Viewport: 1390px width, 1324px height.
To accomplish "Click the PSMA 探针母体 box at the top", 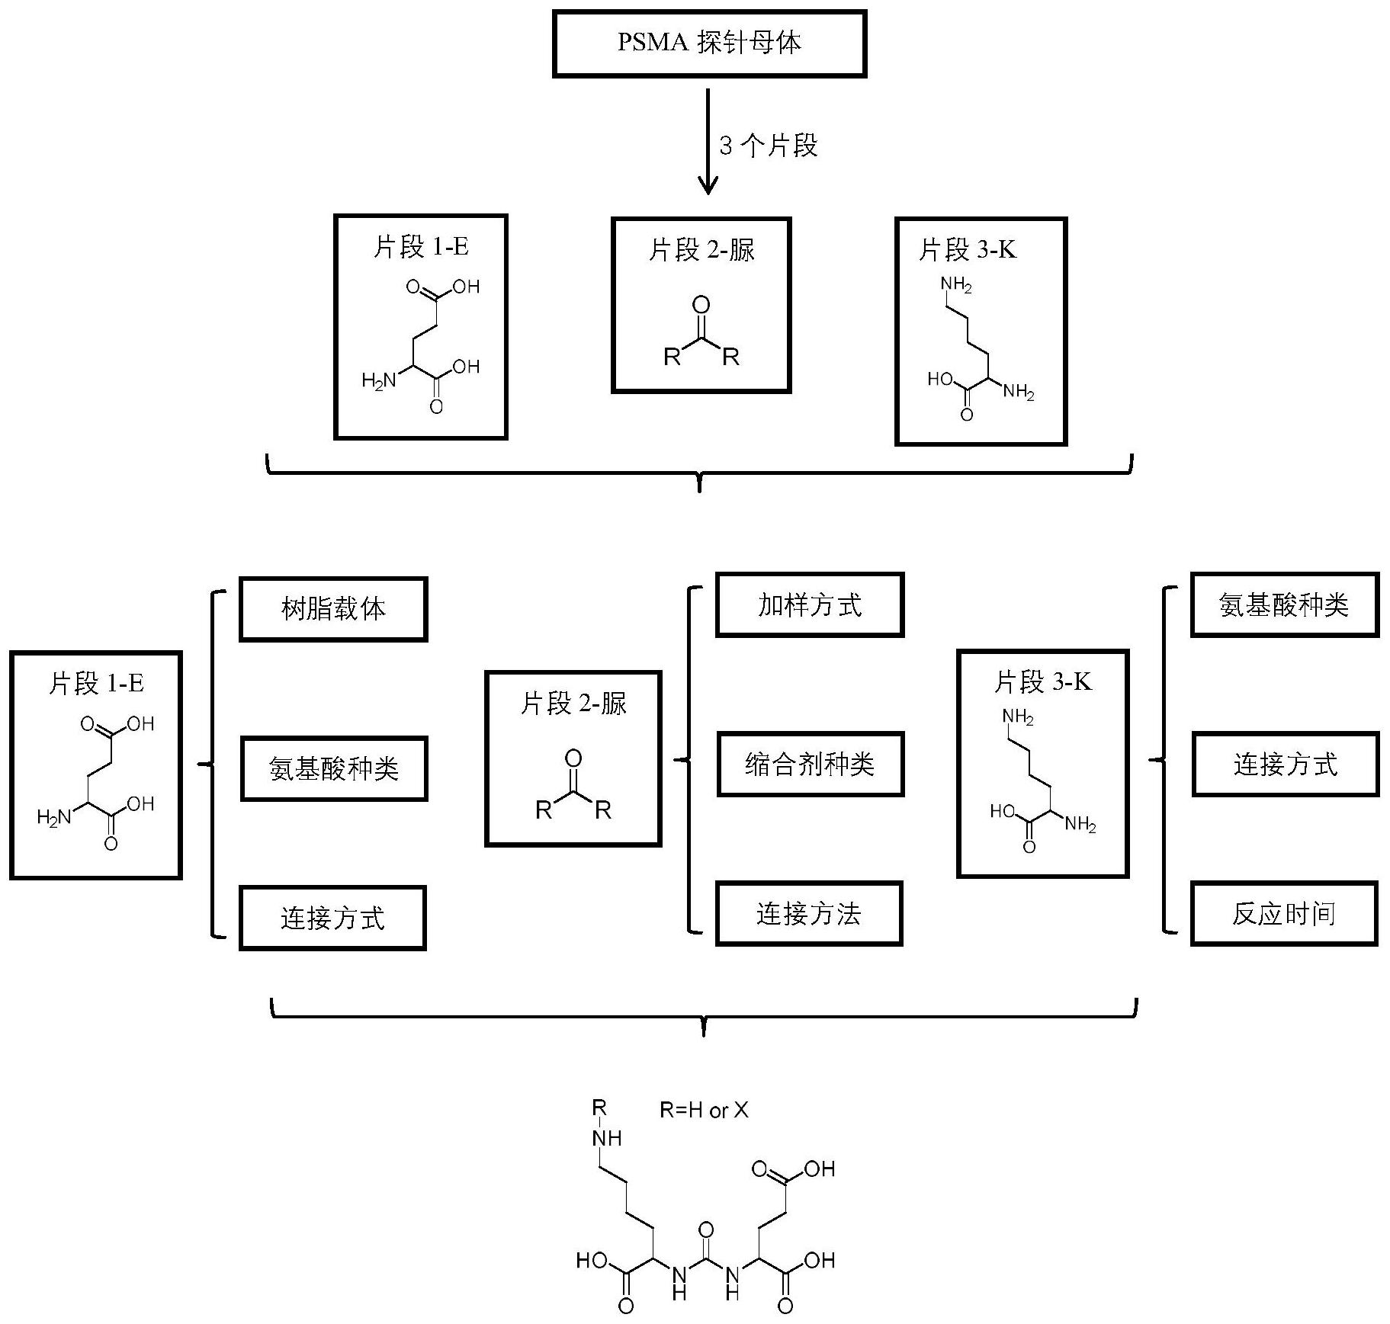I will click(709, 43).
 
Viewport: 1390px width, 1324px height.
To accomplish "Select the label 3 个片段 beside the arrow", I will click(768, 145).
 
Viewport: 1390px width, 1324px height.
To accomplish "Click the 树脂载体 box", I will click(333, 609).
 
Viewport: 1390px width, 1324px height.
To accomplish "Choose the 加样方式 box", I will click(810, 605).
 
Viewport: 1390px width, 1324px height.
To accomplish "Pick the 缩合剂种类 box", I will click(810, 765).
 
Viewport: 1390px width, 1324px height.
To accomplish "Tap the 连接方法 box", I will click(809, 913).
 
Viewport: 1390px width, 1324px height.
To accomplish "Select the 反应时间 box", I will click(1284, 913).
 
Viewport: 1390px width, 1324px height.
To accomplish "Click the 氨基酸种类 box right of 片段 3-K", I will click(1285, 605).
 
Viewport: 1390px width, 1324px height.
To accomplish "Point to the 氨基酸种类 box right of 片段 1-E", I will click(334, 768).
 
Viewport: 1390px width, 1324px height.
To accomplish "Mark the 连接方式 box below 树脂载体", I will click(332, 918).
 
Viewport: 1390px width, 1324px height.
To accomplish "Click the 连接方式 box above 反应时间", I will click(1286, 765).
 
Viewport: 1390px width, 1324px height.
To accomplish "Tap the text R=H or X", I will click(704, 1111).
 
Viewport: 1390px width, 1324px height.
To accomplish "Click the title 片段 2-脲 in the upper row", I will click(701, 250).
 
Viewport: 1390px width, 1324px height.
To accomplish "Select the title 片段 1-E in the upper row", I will click(421, 247).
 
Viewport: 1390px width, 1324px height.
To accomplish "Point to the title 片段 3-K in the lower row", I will click(1042, 681).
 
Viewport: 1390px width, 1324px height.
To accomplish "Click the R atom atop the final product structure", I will click(600, 1107).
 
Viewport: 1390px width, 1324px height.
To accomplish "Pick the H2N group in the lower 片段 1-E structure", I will click(54, 818).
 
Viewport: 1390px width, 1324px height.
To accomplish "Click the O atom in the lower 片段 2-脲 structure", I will click(573, 758).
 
